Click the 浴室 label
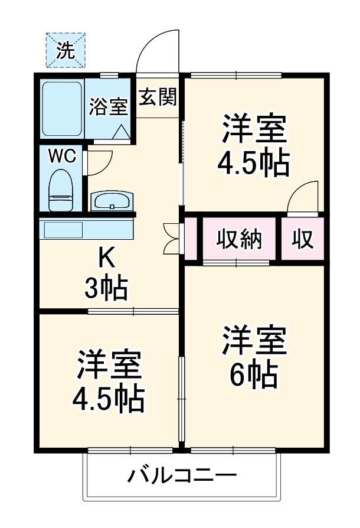109,108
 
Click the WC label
61,157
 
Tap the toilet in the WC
60,190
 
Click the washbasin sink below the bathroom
112,201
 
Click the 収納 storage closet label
239,239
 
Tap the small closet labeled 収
302,239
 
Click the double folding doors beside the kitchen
172,238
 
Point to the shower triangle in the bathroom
122,133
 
